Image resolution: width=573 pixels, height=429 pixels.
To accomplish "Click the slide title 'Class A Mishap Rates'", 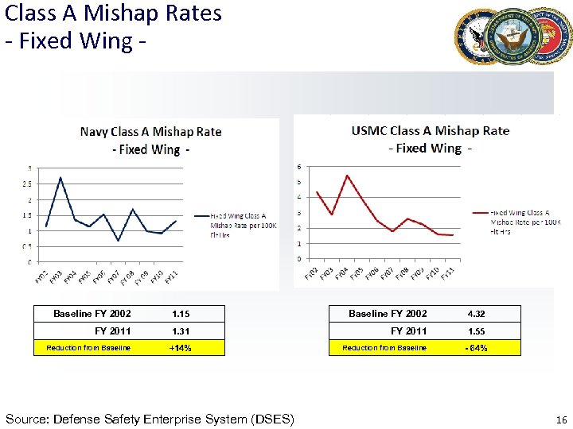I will pyautogui.click(x=113, y=14).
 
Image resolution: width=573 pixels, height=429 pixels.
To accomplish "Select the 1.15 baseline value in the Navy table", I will pyautogui.click(x=180, y=314).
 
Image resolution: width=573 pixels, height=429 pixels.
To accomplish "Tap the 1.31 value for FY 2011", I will pyautogui.click(x=180, y=330).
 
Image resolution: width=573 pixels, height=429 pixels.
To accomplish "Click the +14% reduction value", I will pyautogui.click(x=180, y=348).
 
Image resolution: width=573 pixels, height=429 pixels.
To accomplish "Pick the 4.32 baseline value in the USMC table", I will pyautogui.click(x=476, y=314).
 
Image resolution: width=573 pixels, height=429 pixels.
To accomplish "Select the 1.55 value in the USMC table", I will pyautogui.click(x=476, y=330).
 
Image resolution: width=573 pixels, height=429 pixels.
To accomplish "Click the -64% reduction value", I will pyautogui.click(x=476, y=348).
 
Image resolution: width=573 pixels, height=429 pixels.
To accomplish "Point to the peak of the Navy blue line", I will pyautogui.click(x=60, y=177).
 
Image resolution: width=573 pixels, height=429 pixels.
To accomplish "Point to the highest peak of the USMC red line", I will pyautogui.click(x=347, y=175).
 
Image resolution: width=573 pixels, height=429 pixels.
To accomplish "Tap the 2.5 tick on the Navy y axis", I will pyautogui.click(x=29, y=184).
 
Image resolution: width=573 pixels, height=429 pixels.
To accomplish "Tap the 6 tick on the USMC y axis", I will pyautogui.click(x=299, y=167).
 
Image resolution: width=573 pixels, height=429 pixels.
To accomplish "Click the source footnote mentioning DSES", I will pyautogui.click(x=150, y=419).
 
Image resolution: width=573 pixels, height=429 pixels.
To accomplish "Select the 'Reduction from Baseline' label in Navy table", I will pyautogui.click(x=88, y=348).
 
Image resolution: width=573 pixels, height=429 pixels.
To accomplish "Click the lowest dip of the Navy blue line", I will pyautogui.click(x=118, y=241).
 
